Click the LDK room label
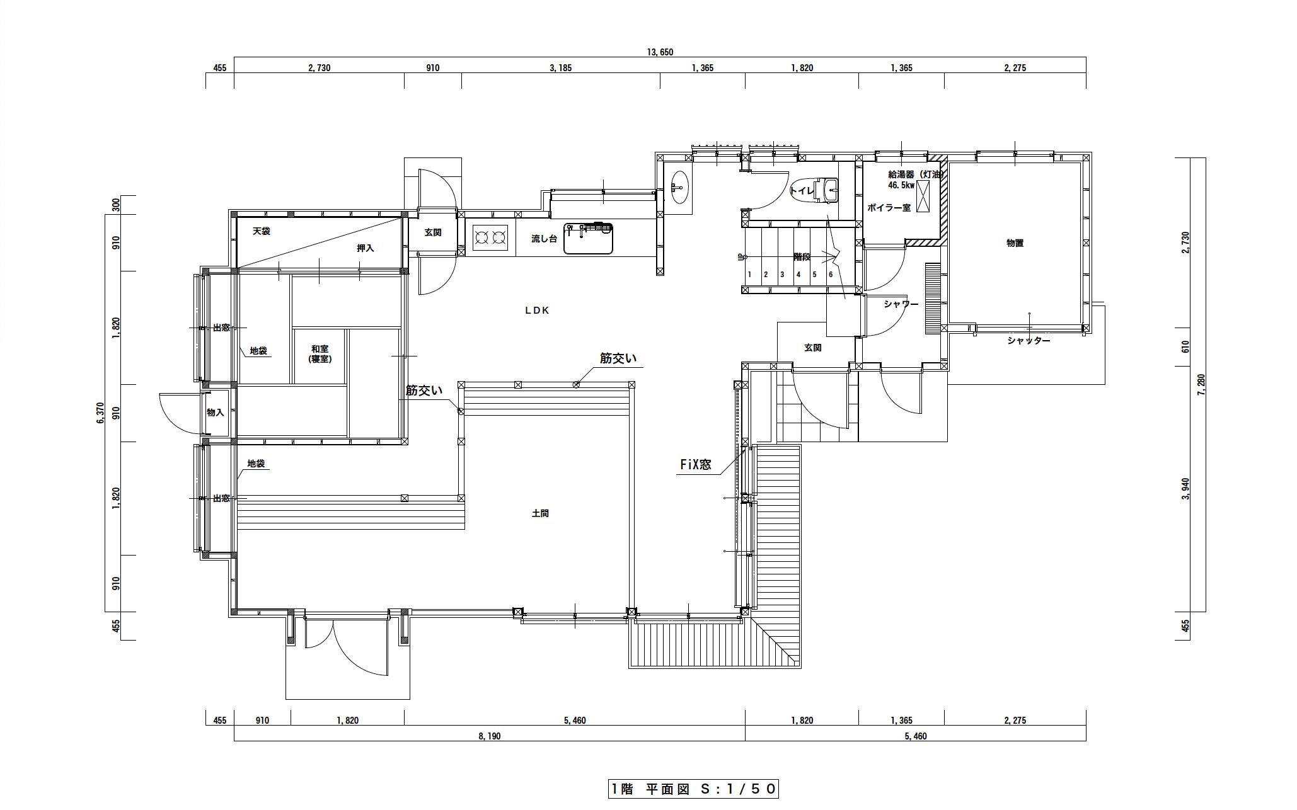(x=537, y=311)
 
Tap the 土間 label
(x=540, y=513)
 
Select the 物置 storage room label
(x=1015, y=243)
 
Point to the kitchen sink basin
(x=588, y=239)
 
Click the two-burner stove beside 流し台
(x=490, y=237)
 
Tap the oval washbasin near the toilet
(x=679, y=187)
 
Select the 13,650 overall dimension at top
(x=660, y=52)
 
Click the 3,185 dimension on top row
(x=560, y=68)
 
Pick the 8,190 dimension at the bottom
(x=489, y=736)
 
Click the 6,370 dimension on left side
(x=100, y=413)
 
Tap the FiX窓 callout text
(x=695, y=464)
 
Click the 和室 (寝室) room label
(x=320, y=354)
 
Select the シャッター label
(x=1029, y=341)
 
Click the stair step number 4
(x=798, y=275)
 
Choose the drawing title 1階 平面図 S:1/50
(x=693, y=789)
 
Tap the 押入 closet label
(x=366, y=248)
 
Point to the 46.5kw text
(x=901, y=186)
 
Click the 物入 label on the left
(x=216, y=413)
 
